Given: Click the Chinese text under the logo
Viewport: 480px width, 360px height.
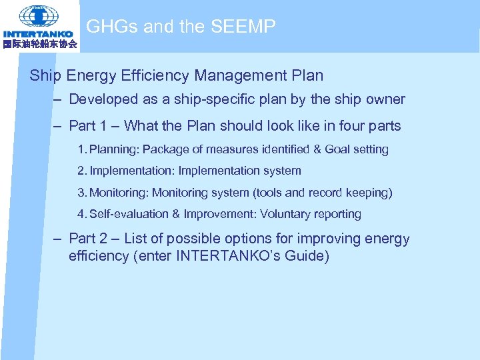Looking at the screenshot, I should (x=39, y=44).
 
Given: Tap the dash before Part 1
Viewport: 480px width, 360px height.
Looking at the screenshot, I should (x=59, y=125).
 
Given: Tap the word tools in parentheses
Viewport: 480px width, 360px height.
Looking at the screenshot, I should (x=269, y=193).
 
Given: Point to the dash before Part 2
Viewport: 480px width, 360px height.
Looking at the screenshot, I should (x=59, y=239).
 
